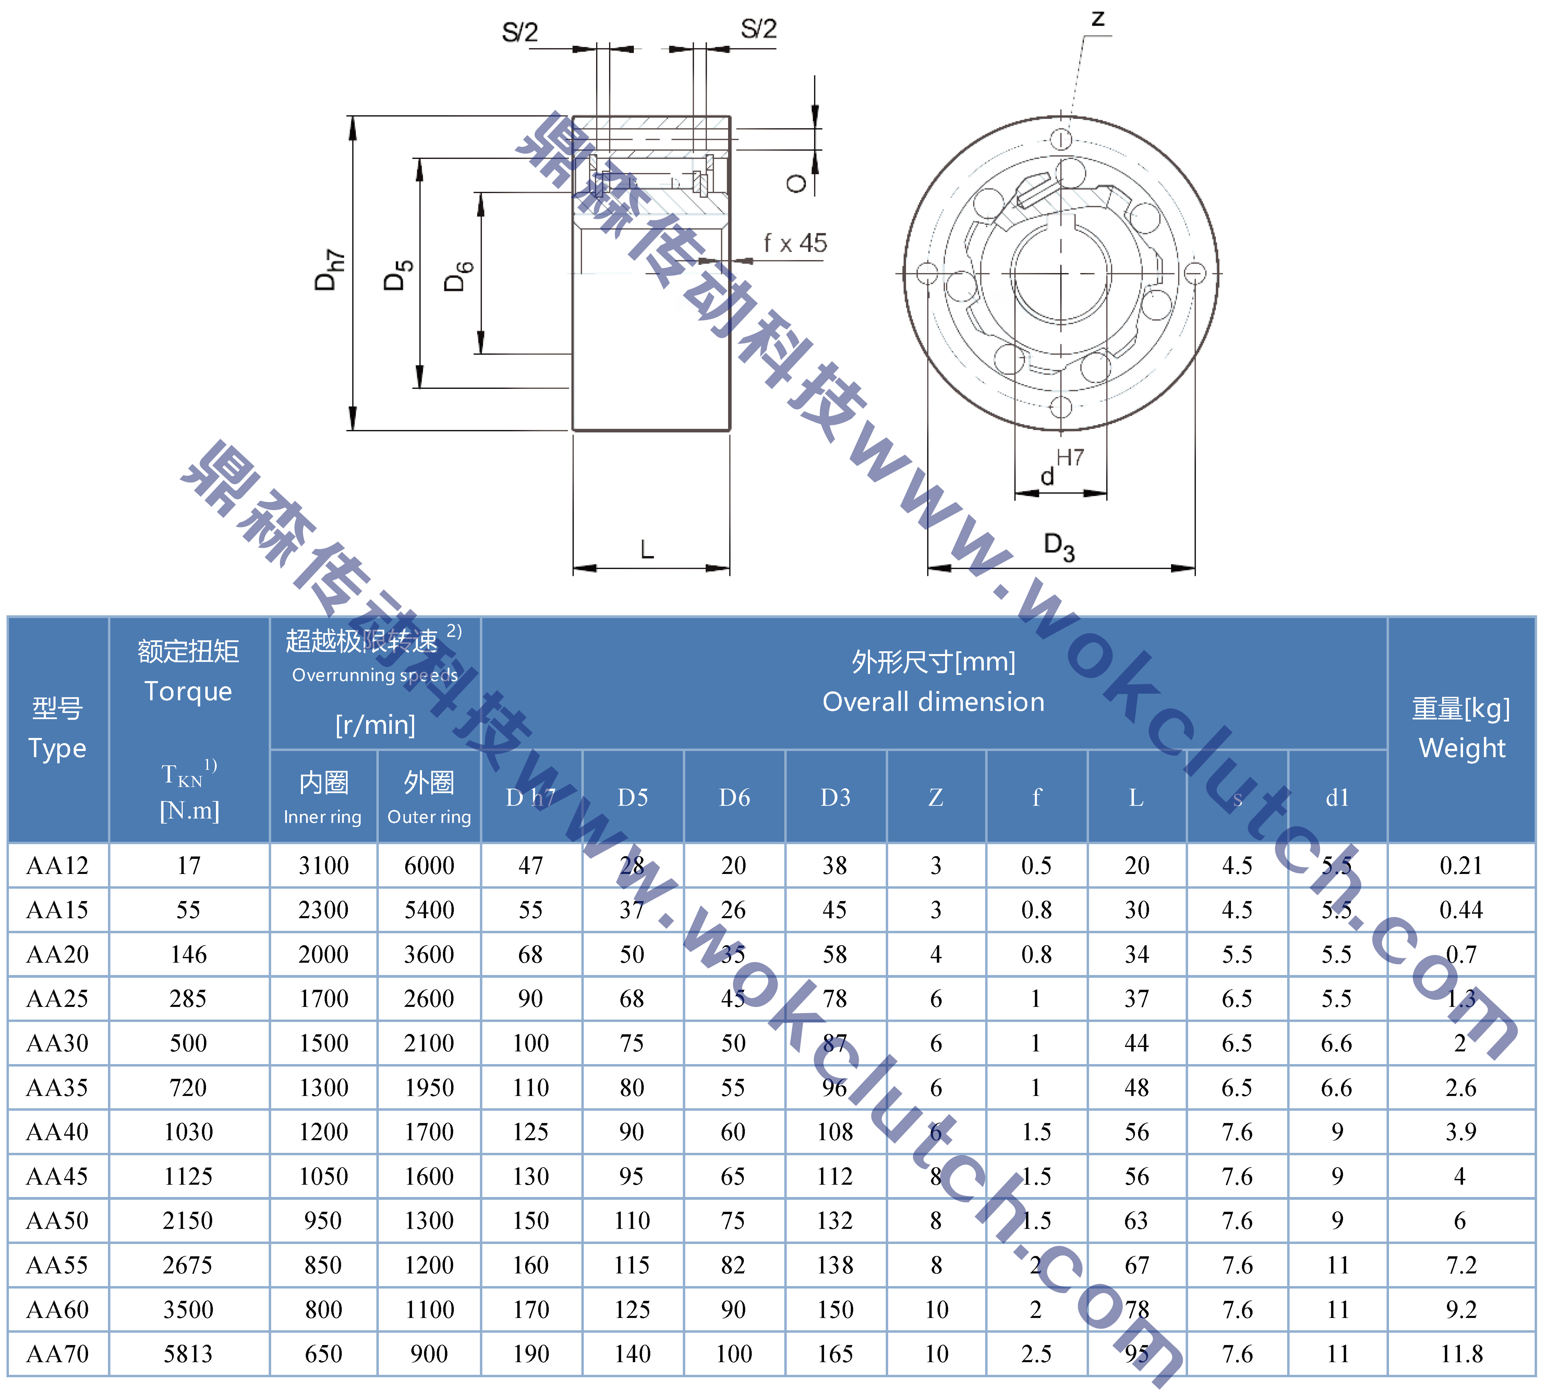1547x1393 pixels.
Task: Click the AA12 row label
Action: (x=58, y=866)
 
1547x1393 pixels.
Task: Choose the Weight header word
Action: (x=1461, y=748)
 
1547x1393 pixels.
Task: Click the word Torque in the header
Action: (x=189, y=691)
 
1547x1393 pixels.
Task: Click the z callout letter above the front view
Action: (x=1098, y=19)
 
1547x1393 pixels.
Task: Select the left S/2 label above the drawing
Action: (x=520, y=32)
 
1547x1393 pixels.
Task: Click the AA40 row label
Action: (x=58, y=1132)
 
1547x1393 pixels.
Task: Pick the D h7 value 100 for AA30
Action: (x=531, y=1043)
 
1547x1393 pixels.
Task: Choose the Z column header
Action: (x=936, y=798)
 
